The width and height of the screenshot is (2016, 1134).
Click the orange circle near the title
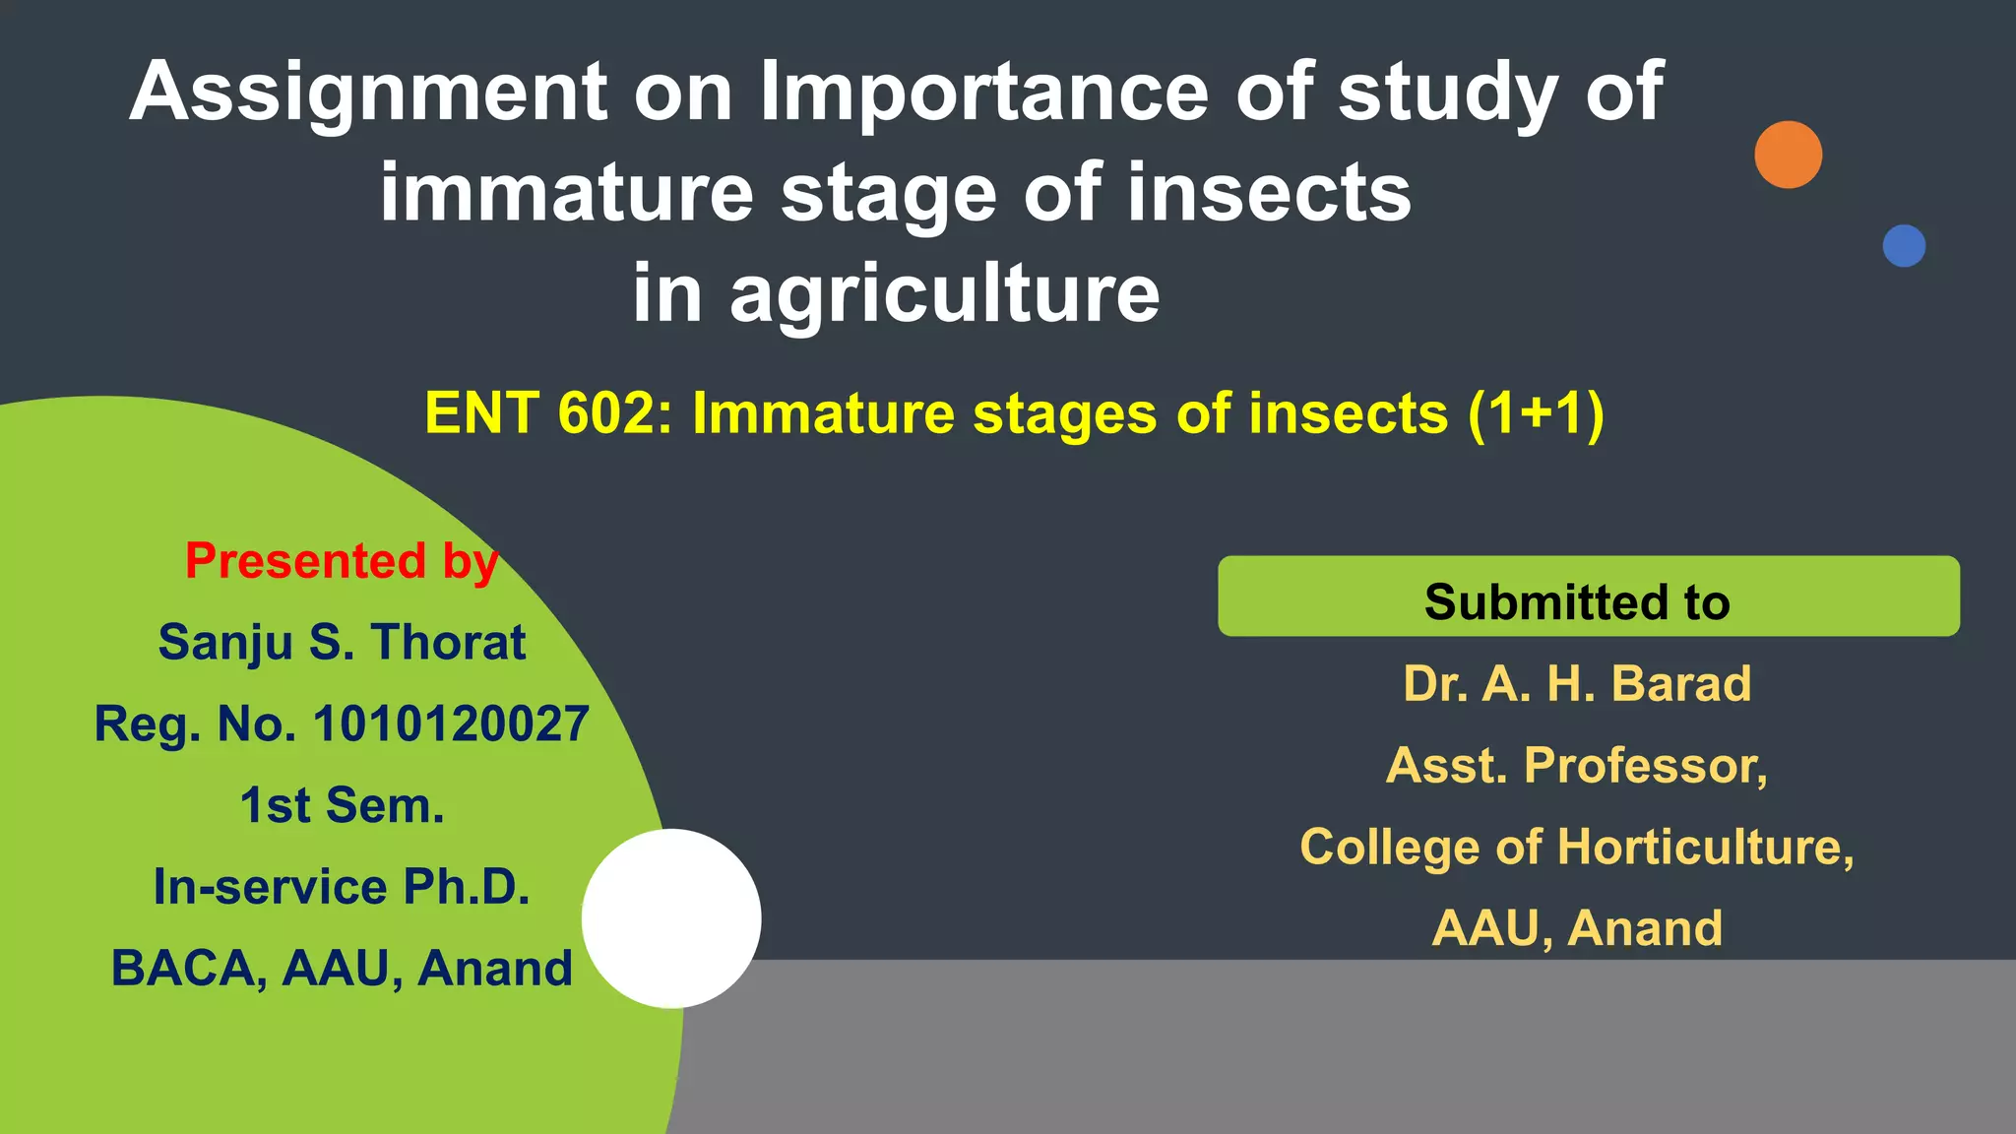point(1788,155)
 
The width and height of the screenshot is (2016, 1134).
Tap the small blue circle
point(1904,246)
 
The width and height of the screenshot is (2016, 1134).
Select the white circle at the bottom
point(671,918)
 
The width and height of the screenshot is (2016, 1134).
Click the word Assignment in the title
point(368,94)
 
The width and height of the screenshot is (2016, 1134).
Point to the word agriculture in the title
point(944,293)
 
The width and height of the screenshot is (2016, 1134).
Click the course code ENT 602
point(548,413)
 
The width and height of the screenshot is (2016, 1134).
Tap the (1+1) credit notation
point(1535,413)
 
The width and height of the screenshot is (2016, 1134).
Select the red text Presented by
point(342,561)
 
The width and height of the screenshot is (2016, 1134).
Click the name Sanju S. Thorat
point(342,643)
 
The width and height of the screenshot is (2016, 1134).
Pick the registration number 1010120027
point(451,724)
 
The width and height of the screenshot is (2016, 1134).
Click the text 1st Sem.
point(342,805)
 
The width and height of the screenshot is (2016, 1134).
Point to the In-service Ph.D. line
point(342,887)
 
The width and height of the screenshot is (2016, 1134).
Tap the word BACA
point(188,969)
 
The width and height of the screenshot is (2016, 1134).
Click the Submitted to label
point(1577,601)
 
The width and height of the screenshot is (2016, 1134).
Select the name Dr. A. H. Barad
point(1577,683)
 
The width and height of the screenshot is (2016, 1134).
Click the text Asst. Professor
point(1577,765)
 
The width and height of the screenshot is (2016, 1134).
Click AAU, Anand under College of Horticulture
point(1577,928)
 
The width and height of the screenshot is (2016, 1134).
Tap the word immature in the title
point(566,193)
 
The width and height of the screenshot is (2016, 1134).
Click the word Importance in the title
point(983,92)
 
